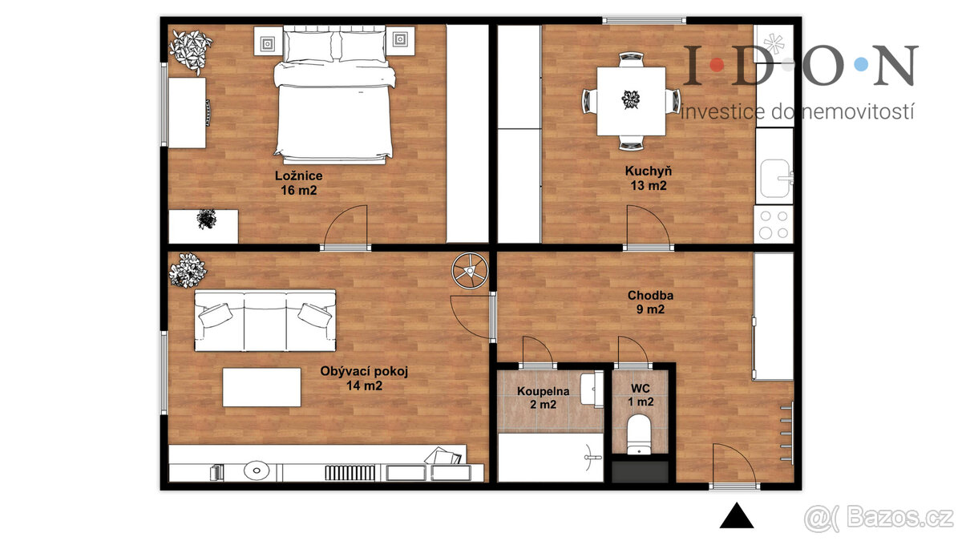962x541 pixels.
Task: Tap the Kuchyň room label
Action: click(648, 178)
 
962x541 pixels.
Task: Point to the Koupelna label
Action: click(543, 398)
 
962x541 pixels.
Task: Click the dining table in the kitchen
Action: click(631, 101)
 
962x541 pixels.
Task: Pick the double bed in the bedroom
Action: click(334, 96)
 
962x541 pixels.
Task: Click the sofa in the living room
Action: click(265, 320)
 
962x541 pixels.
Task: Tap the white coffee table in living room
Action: click(262, 387)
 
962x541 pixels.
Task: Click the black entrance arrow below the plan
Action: click(737, 516)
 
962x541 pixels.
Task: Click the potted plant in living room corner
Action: click(188, 270)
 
